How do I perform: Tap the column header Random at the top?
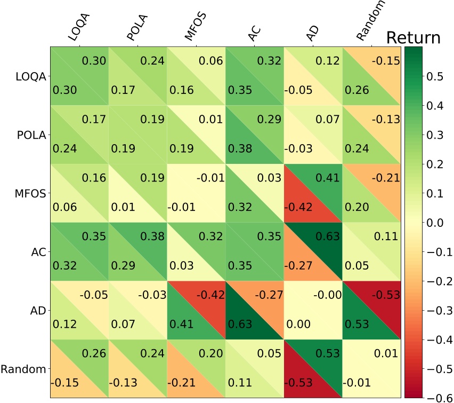pos(370,22)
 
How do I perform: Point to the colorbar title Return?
pos(414,37)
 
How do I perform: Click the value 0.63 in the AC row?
pos(327,236)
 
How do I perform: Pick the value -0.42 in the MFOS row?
pos(299,208)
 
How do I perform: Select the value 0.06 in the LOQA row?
pos(210,61)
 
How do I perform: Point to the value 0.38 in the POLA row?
pos(240,149)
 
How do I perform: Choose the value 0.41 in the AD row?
pos(182,323)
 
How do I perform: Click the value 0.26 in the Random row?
pos(94,353)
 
